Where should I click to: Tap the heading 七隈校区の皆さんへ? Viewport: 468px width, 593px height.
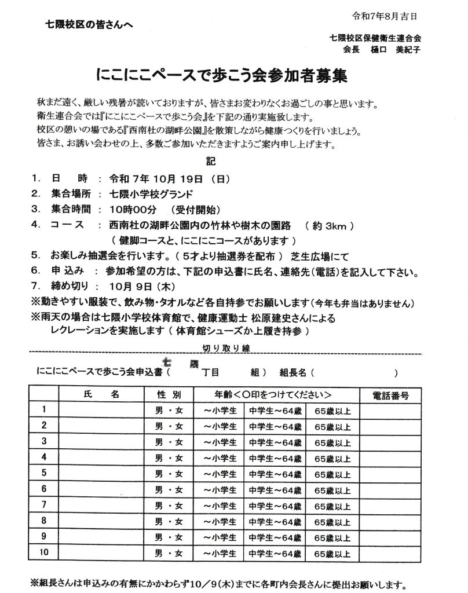pyautogui.click(x=86, y=24)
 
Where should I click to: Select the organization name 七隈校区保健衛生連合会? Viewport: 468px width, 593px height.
pyautogui.click(x=374, y=38)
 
